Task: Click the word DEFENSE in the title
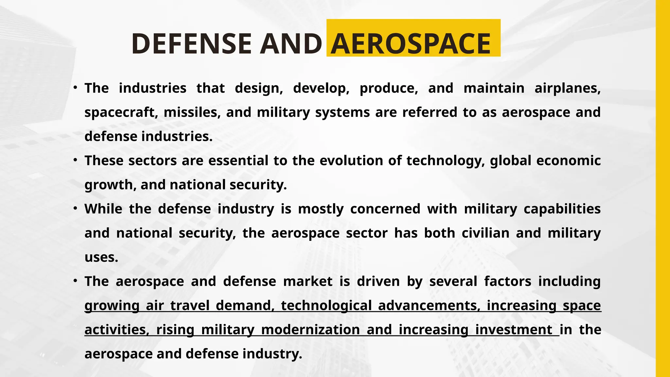191,44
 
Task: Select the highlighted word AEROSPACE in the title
411,44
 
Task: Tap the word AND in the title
291,44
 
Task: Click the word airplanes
567,88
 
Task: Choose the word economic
568,161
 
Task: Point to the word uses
101,258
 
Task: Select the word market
308,281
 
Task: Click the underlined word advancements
429,306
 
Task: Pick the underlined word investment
514,330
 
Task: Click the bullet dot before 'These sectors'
75,160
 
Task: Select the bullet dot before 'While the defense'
75,208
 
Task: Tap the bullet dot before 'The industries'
75,88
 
